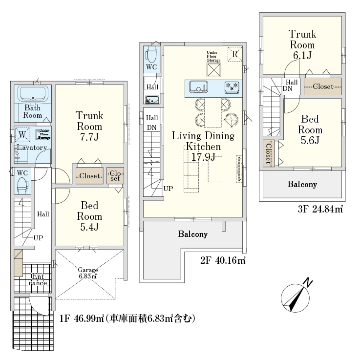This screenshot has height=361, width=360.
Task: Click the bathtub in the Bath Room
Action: point(33,94)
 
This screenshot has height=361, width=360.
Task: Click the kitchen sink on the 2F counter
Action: point(198,87)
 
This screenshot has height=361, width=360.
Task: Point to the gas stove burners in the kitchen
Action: point(232,86)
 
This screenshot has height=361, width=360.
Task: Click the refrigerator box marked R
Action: point(235,54)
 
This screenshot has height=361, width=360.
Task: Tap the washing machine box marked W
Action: point(22,134)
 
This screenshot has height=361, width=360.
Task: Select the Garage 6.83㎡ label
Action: point(88,273)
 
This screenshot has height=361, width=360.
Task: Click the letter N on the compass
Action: point(308,282)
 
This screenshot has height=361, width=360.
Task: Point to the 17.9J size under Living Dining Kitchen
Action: point(204,157)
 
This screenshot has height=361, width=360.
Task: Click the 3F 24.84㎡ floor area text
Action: point(320,209)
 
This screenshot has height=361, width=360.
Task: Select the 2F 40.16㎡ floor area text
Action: point(223,260)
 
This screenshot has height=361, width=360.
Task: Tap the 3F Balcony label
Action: point(302,184)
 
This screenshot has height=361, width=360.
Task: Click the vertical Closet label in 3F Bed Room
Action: point(268,153)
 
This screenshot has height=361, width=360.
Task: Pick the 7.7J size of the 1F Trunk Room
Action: point(89,137)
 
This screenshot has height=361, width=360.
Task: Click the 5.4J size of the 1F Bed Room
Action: point(89,227)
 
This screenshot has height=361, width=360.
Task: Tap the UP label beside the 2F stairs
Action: point(168,189)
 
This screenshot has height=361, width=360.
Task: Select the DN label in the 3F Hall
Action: point(287,88)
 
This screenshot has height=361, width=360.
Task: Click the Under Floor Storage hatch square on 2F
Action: point(213,70)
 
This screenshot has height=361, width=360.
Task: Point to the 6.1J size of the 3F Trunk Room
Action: point(302,56)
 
